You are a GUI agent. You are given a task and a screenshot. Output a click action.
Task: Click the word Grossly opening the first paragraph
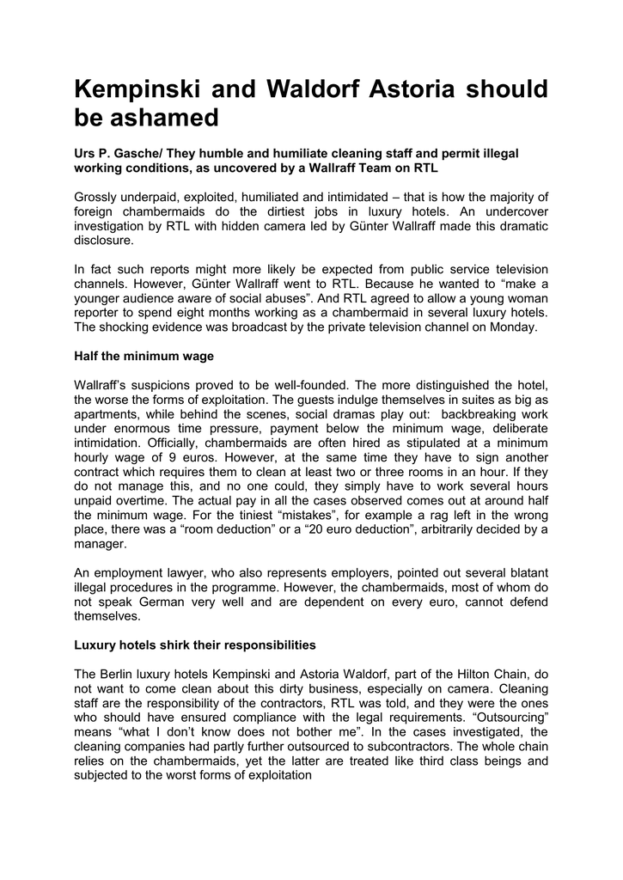click(x=100, y=199)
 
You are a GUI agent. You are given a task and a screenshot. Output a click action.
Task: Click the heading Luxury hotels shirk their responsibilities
click(x=195, y=644)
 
